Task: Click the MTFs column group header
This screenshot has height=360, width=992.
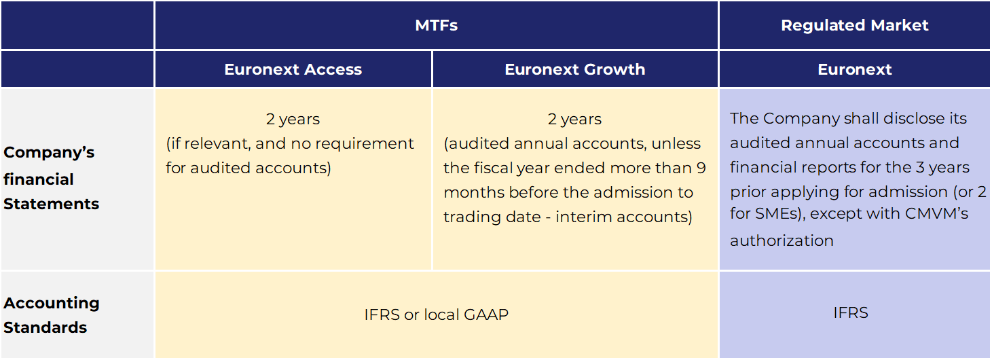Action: click(436, 25)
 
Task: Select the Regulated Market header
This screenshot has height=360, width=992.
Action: click(854, 25)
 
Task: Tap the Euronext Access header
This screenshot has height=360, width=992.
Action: click(293, 69)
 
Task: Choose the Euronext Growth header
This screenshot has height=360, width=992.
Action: click(575, 69)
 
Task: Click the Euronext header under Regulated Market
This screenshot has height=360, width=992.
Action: click(854, 69)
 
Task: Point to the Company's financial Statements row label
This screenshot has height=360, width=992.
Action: click(52, 178)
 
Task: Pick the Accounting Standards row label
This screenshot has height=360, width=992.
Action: click(52, 315)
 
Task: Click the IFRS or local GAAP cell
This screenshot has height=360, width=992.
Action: click(436, 314)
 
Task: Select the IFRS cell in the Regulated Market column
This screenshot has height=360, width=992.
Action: click(851, 312)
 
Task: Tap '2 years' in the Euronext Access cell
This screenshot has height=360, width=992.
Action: click(293, 119)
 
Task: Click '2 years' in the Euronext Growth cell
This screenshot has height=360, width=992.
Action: click(574, 119)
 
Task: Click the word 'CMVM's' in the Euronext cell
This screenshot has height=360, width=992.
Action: click(936, 213)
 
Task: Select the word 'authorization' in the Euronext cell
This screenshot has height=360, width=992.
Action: click(782, 240)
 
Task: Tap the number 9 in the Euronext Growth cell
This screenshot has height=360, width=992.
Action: click(701, 168)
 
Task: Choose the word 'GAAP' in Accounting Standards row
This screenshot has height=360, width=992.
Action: click(485, 314)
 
